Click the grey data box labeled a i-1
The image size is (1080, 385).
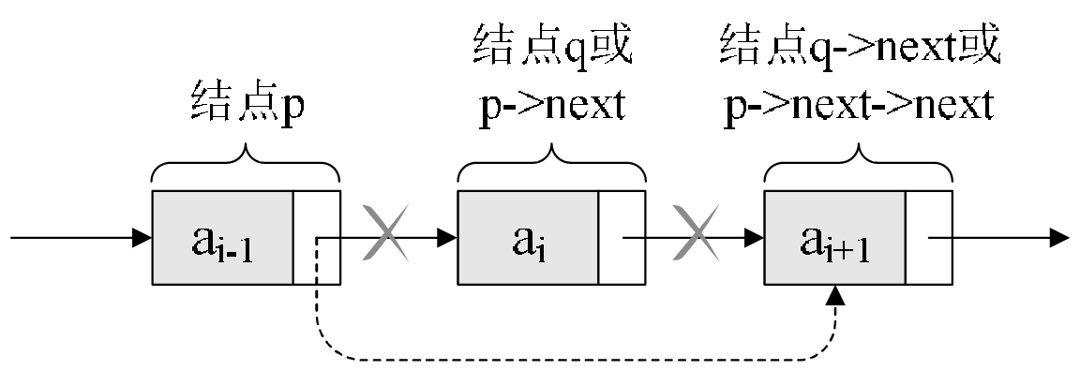pyautogui.click(x=222, y=238)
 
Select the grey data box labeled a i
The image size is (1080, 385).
pyautogui.click(x=528, y=238)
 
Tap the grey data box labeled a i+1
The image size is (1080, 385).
pyautogui.click(x=834, y=238)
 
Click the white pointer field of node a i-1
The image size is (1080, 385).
pyautogui.click(x=316, y=238)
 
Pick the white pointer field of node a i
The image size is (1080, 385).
pyautogui.click(x=622, y=238)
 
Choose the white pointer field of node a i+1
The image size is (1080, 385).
pyautogui.click(x=928, y=238)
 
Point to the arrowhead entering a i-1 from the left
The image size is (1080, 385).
pyautogui.click(x=142, y=238)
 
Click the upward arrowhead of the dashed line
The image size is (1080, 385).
pyautogui.click(x=834, y=295)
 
